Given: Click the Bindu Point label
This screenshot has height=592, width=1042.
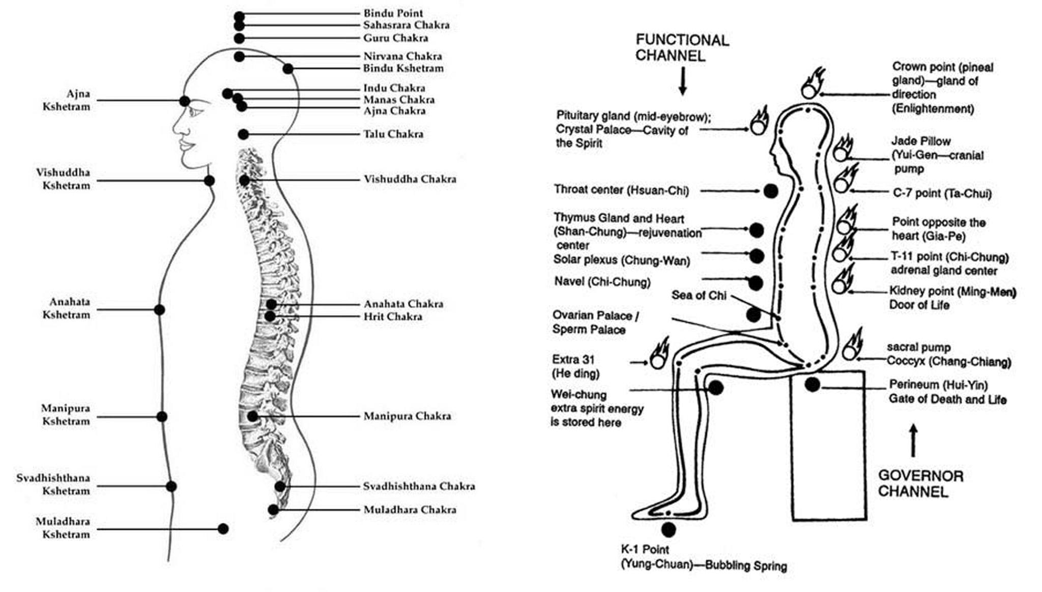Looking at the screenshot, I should [393, 13].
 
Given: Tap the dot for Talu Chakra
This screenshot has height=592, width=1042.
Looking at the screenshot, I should [243, 134].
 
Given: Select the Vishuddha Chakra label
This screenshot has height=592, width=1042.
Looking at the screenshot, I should [410, 179].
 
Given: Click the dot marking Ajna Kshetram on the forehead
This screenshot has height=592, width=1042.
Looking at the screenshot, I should [185, 101].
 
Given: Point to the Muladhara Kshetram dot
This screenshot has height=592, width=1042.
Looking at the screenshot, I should [223, 529].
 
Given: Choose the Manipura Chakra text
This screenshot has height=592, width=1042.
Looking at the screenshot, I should [407, 416].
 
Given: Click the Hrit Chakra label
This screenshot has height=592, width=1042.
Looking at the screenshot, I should [393, 316].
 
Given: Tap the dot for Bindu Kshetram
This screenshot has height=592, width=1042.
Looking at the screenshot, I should [288, 69].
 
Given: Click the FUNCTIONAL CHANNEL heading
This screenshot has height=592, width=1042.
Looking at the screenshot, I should [682, 47].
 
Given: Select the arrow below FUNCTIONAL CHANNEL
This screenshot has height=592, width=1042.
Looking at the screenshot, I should [682, 81].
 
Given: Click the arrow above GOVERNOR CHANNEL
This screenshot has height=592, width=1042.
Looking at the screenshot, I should [913, 440].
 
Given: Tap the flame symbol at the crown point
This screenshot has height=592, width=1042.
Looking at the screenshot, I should [812, 85].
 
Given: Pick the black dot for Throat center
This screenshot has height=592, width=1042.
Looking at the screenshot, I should [771, 191].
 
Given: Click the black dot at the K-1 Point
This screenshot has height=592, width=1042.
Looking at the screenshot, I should [669, 530].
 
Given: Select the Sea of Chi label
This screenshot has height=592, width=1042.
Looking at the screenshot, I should [699, 295].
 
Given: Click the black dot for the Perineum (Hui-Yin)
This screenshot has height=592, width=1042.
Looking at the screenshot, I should [812, 385].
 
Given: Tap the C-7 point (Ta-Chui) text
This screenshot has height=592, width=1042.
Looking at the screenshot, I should [942, 193].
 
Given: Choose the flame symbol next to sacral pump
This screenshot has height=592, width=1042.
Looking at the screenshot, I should [852, 346].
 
